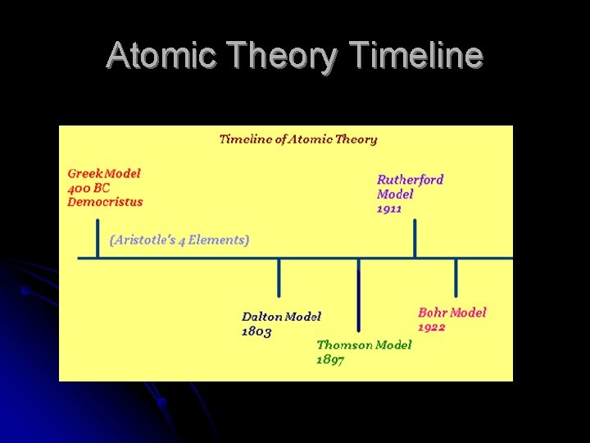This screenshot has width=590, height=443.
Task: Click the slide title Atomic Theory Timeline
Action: pos(294,56)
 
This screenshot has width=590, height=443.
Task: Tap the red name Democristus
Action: pos(105,202)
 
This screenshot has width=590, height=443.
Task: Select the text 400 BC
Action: pos(88,188)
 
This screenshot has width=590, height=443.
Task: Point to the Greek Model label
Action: pos(104,174)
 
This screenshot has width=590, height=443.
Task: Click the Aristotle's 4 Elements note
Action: pos(179,240)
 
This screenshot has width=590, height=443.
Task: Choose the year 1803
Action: pos(256,331)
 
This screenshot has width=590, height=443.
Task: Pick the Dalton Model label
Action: pos(281,317)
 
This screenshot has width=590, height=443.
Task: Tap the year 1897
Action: pos(330,360)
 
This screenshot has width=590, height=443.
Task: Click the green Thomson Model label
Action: pos(364,345)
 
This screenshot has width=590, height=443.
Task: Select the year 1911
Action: pos(389,209)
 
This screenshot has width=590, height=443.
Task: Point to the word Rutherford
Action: pos(411,180)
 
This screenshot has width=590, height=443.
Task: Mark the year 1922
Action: pos(432,327)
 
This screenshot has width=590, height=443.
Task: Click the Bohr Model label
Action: pos(452,313)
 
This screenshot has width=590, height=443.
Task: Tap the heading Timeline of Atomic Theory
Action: pos(298,139)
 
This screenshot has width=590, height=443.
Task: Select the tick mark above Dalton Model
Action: pos(279,277)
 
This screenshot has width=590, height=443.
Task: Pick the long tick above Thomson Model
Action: pos(358,295)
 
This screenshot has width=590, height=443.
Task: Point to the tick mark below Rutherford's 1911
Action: pos(415,239)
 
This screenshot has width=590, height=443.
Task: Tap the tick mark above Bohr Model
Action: pos(456,277)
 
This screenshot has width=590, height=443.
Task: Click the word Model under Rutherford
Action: pos(394,194)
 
